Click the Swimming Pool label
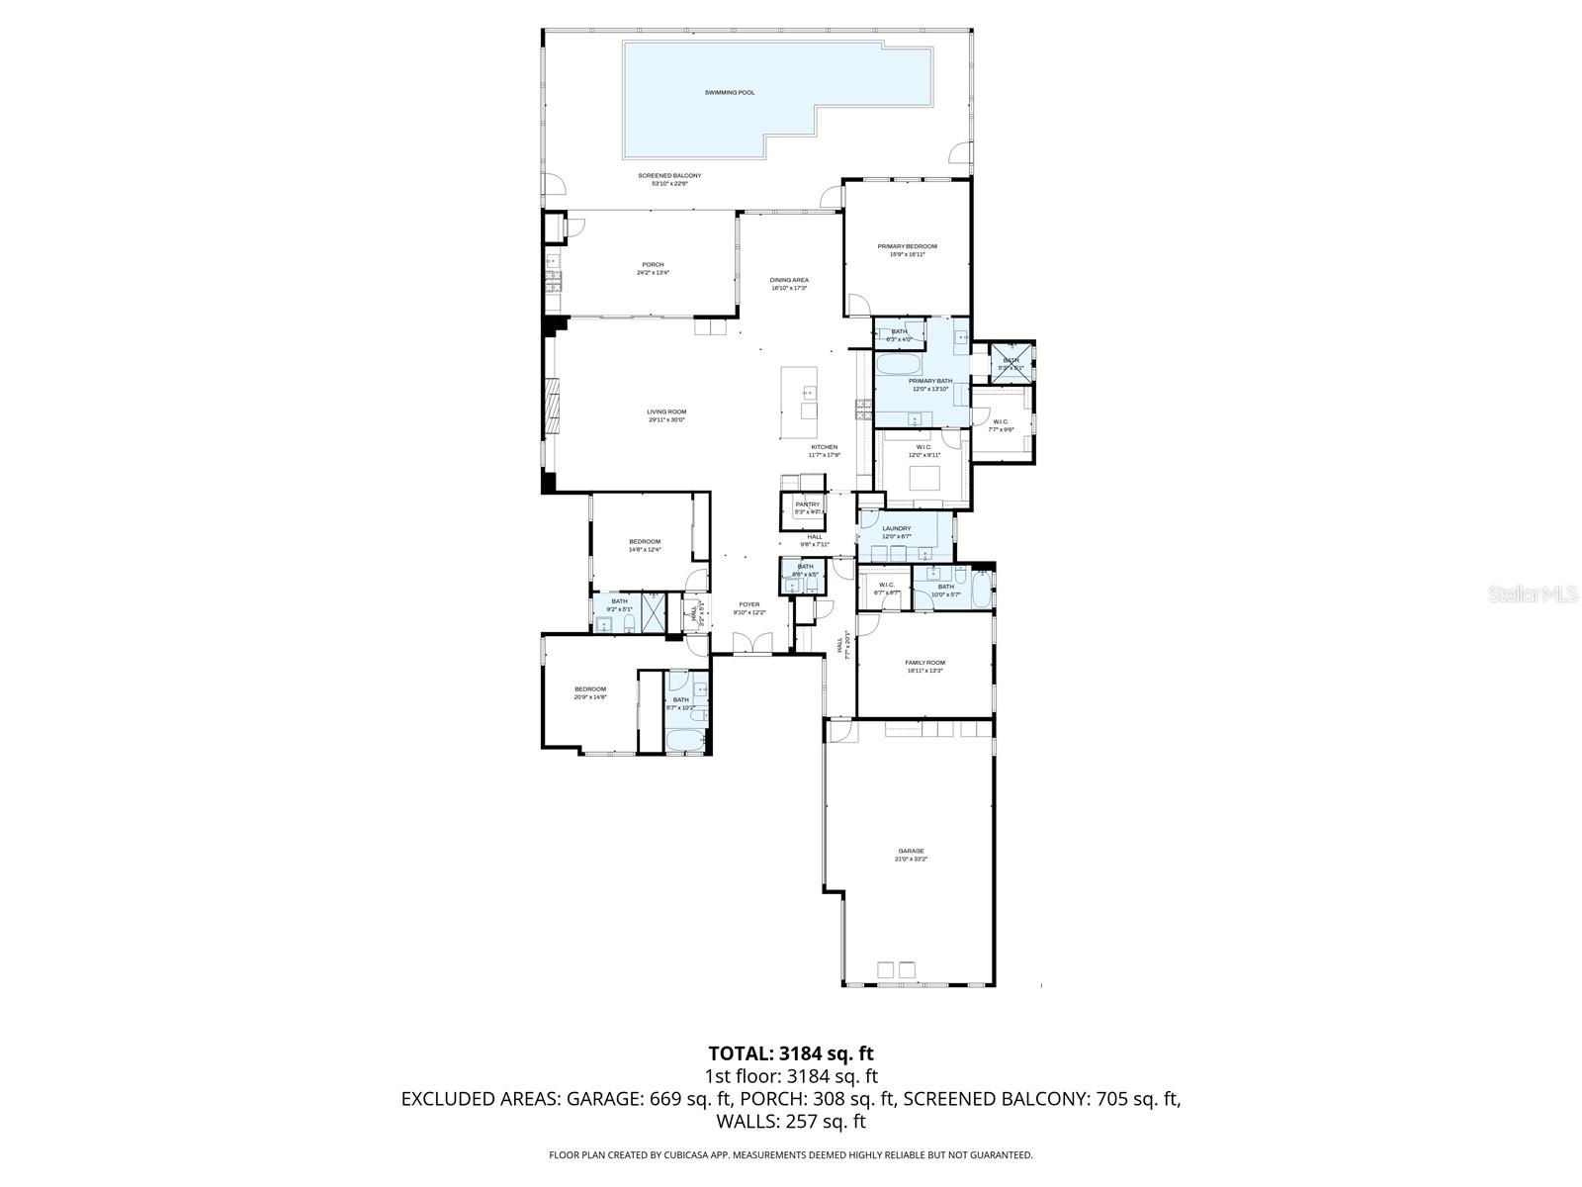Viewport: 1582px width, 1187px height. pos(729,93)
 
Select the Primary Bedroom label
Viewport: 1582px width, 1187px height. pos(907,246)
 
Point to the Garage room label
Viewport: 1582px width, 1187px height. pos(911,851)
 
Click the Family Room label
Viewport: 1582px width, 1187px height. pos(924,663)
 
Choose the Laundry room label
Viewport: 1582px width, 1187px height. pos(896,529)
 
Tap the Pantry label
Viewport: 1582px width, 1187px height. pos(807,504)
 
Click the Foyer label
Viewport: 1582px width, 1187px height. pos(749,604)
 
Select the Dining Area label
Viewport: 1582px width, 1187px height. pos(789,280)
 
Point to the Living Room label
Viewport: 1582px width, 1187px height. pos(666,411)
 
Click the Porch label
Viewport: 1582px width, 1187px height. pos(653,264)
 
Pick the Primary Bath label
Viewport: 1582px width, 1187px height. pos(929,381)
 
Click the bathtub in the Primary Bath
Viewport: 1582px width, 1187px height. pos(898,364)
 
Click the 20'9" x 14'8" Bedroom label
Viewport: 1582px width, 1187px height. pos(590,688)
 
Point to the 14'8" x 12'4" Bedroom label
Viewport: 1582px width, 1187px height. pos(644,541)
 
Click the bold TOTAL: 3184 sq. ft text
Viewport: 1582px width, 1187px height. pos(791,1053)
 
